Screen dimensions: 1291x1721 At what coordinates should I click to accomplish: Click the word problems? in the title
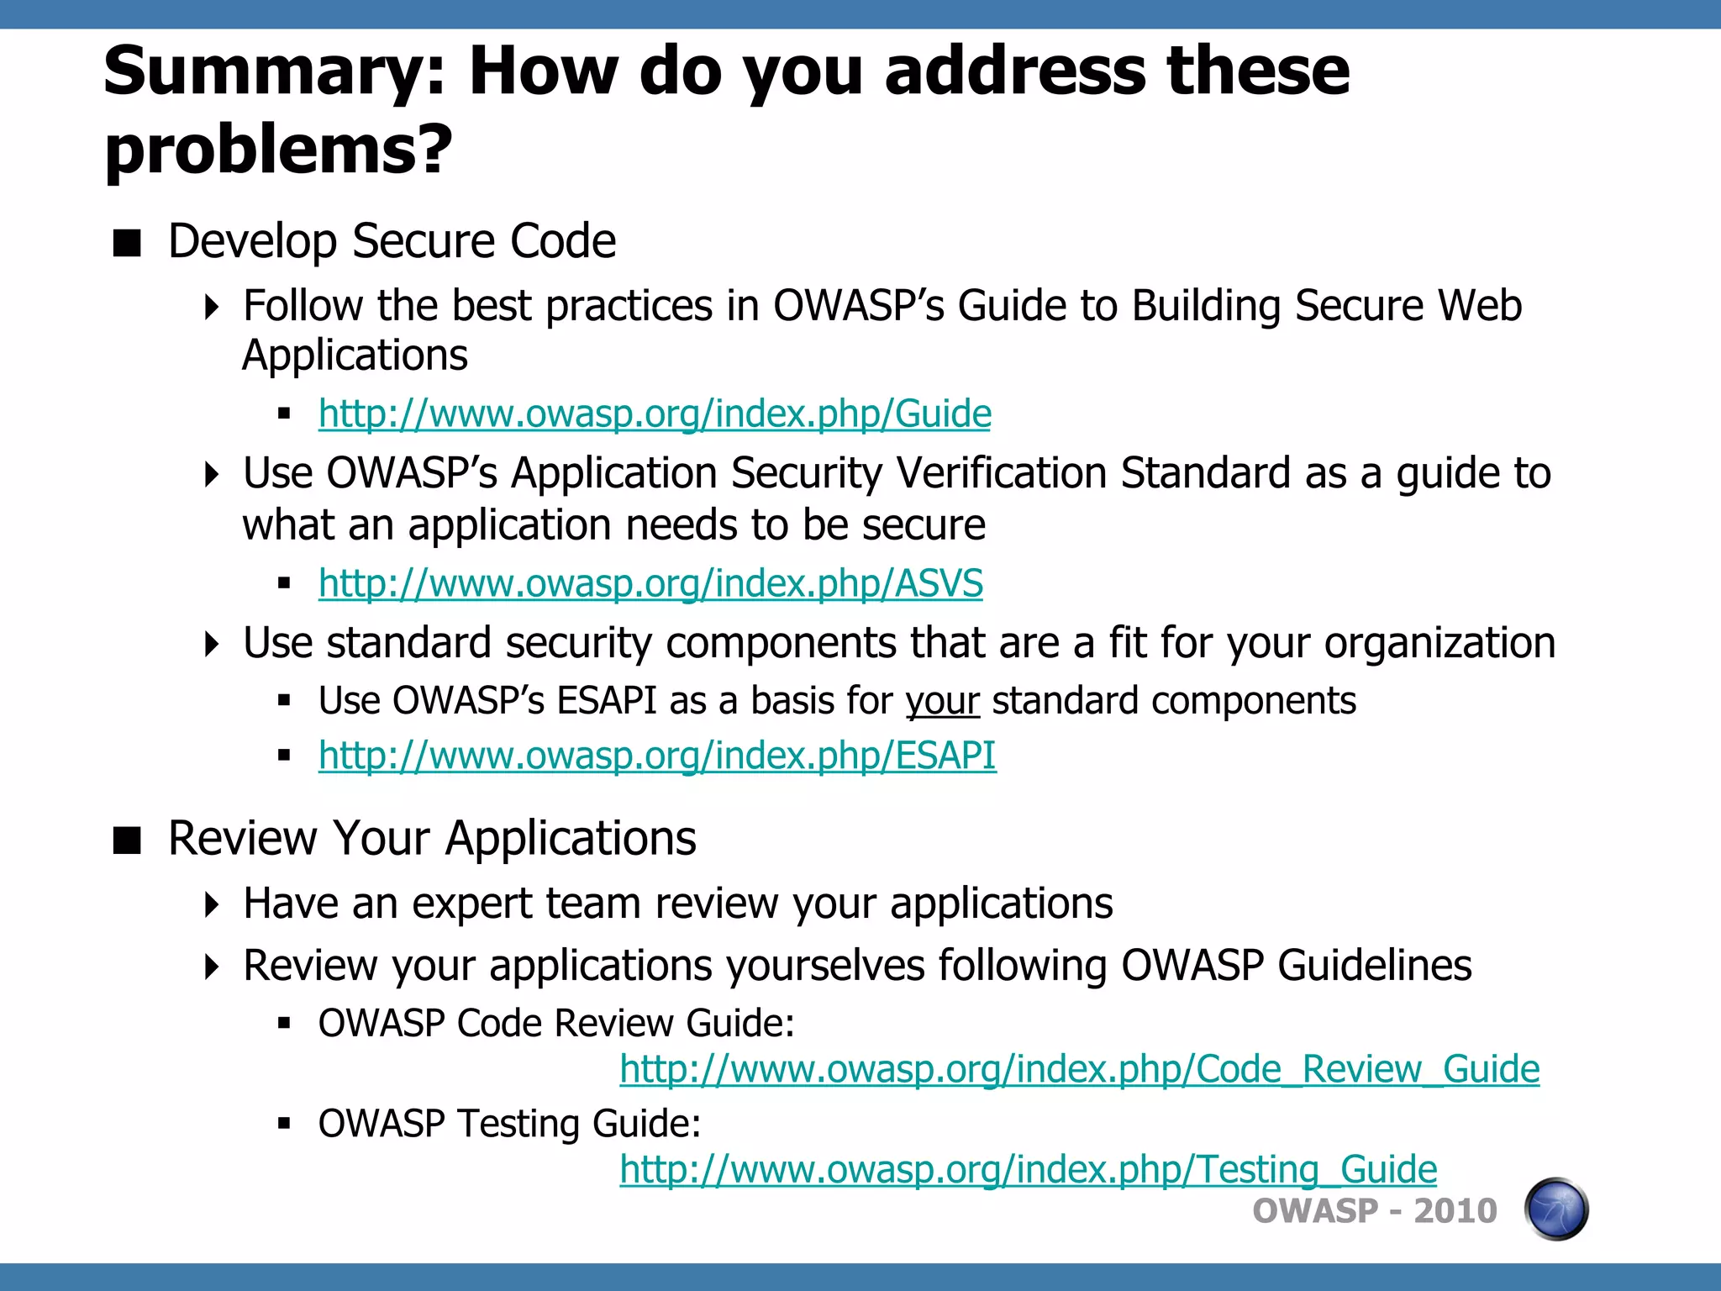click(278, 150)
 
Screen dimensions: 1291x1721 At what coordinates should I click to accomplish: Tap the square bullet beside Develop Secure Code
click(127, 243)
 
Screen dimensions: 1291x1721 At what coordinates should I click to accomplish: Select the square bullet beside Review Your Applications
click(127, 840)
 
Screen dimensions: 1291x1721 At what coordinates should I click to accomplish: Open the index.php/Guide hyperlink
click(655, 414)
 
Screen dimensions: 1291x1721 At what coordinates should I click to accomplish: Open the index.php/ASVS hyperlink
click(650, 583)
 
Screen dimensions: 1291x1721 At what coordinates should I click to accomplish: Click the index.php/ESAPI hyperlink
click(657, 755)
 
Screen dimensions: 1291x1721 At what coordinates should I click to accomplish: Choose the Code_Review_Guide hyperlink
click(1079, 1069)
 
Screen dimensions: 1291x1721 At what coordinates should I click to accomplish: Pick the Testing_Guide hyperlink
click(1028, 1169)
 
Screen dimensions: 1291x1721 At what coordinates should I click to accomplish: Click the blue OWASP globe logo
click(1555, 1209)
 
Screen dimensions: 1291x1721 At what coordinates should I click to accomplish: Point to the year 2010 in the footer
click(1455, 1211)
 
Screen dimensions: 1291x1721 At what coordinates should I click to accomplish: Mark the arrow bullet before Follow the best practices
click(213, 307)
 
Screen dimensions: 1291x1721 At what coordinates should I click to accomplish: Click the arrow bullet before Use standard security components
click(213, 645)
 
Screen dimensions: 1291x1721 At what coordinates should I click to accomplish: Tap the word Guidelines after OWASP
click(1374, 966)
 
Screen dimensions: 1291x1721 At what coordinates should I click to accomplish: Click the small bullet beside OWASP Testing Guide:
click(284, 1124)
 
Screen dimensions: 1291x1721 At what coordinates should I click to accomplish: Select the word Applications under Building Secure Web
click(355, 356)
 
